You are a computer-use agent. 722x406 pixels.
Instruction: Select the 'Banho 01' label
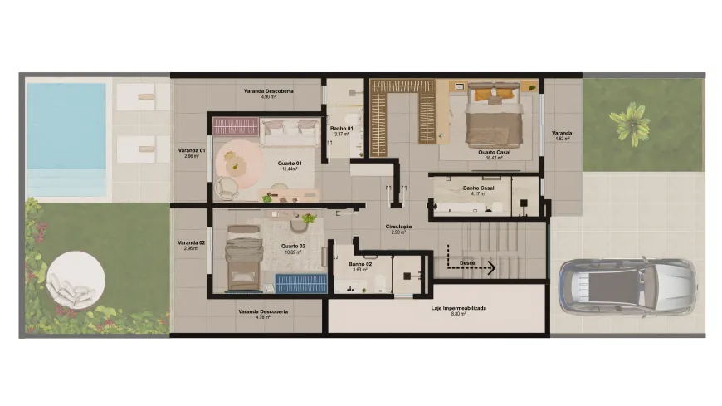tap(342, 129)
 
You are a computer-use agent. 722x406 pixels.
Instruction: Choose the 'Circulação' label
tap(399, 227)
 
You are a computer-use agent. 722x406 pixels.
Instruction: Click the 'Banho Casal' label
tap(478, 188)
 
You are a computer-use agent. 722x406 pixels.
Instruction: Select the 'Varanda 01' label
tap(191, 151)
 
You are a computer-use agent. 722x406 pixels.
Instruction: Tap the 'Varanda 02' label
tap(191, 242)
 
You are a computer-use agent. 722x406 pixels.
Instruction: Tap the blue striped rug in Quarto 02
tap(301, 283)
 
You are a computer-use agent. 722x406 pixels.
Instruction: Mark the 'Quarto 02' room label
tap(292, 247)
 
